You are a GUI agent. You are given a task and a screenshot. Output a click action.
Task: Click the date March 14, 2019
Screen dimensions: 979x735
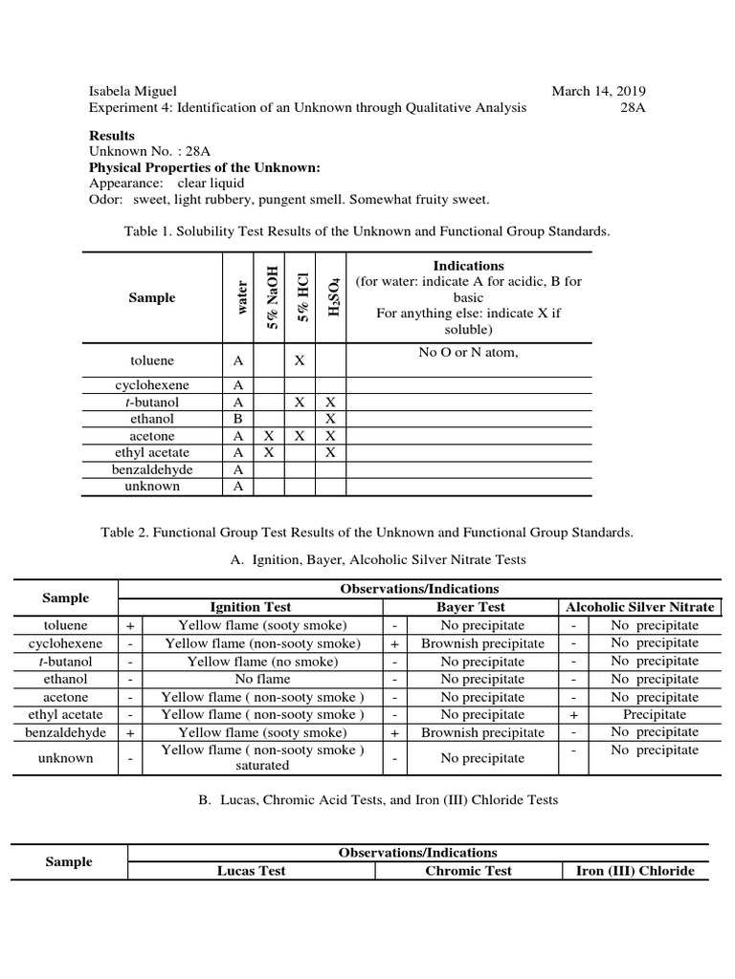click(598, 91)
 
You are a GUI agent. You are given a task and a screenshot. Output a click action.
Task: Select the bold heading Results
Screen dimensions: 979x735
click(112, 135)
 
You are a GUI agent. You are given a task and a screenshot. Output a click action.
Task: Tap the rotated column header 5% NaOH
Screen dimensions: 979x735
click(272, 296)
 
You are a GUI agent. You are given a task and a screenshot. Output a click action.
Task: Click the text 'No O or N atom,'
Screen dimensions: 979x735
click(468, 353)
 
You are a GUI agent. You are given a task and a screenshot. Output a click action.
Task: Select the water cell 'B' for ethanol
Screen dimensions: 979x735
click(237, 419)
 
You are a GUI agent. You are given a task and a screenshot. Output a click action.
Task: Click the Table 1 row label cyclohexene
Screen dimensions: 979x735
click(152, 385)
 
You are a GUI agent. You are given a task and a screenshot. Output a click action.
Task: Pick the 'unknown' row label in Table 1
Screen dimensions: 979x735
click(152, 486)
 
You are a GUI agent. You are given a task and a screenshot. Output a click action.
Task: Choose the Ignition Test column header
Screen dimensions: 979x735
click(251, 607)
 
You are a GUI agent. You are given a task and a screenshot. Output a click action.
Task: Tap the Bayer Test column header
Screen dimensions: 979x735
click(470, 607)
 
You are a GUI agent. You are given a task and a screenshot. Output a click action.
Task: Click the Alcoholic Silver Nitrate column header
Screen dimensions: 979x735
click(640, 607)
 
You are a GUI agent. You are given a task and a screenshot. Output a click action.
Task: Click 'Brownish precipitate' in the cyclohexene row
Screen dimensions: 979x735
click(482, 643)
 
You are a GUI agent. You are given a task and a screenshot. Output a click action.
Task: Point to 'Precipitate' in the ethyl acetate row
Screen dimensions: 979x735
click(655, 714)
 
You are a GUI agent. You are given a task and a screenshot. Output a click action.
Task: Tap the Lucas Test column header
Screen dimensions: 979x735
click(251, 871)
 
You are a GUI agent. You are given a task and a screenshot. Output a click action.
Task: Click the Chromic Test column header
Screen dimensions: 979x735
click(468, 871)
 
